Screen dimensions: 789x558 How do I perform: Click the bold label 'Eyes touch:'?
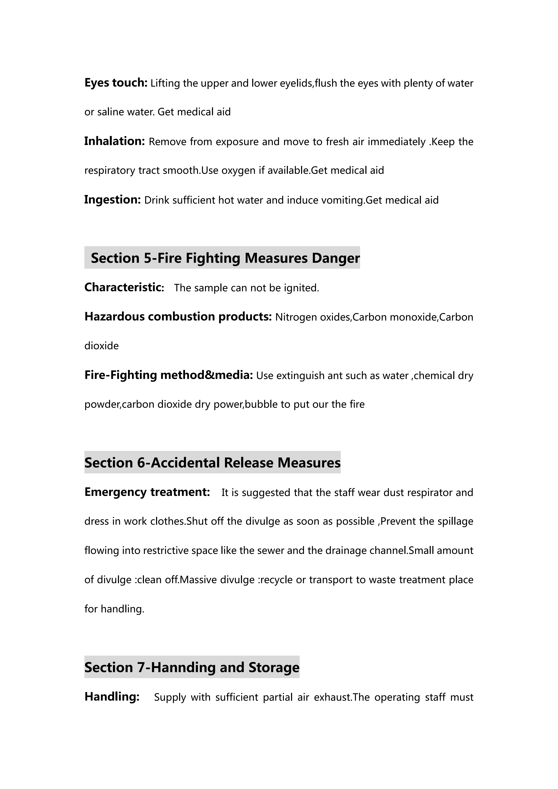tap(116, 83)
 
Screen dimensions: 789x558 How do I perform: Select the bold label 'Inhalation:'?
tap(114, 141)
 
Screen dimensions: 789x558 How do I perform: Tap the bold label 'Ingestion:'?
tap(112, 200)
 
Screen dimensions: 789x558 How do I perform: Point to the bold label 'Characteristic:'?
tap(124, 287)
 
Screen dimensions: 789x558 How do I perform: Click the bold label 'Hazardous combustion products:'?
tap(178, 316)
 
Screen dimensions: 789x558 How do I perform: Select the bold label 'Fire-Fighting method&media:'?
tap(168, 375)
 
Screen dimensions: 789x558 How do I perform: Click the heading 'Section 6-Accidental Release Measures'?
tap(212, 463)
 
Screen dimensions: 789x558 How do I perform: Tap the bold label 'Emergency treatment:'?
tap(147, 492)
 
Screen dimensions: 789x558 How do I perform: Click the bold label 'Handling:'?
tap(112, 697)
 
